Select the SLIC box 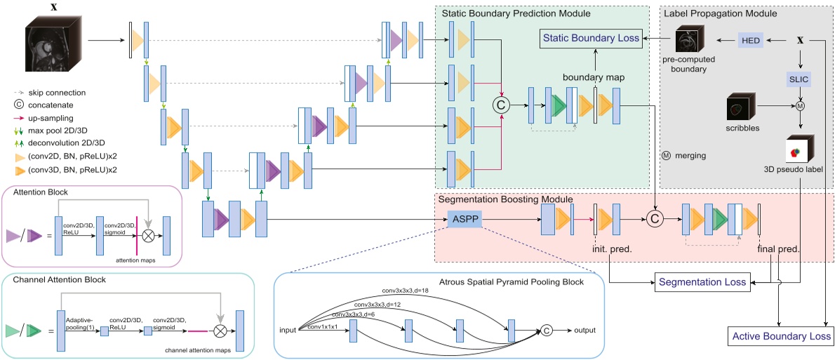(x=800, y=79)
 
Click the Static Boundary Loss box (x=590, y=39)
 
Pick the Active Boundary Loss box (x=781, y=336)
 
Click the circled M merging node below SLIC (x=799, y=106)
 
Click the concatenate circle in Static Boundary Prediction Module (x=501, y=105)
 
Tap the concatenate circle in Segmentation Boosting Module (x=655, y=220)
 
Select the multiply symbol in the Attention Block (x=148, y=236)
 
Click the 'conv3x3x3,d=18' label (x=406, y=289)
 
